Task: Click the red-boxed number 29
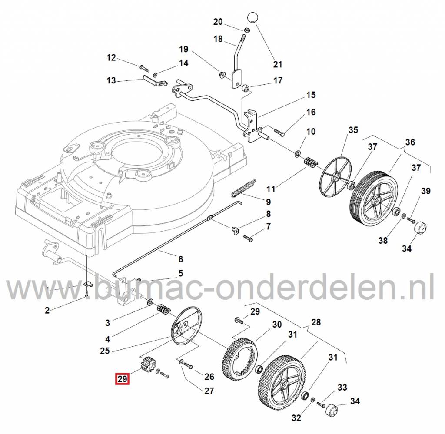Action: [x=122, y=379]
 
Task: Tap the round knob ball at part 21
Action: [x=253, y=18]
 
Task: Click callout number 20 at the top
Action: [x=218, y=22]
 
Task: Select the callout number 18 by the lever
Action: [x=218, y=39]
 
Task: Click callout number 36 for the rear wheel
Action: [x=410, y=142]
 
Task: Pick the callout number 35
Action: [x=353, y=130]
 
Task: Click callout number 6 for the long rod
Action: [x=180, y=259]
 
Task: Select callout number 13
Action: [x=111, y=80]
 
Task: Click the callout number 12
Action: [x=111, y=57]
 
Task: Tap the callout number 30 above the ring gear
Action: [x=277, y=325]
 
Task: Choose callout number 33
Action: [x=342, y=387]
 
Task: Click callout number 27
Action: [x=209, y=391]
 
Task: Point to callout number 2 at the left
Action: [x=47, y=310]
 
